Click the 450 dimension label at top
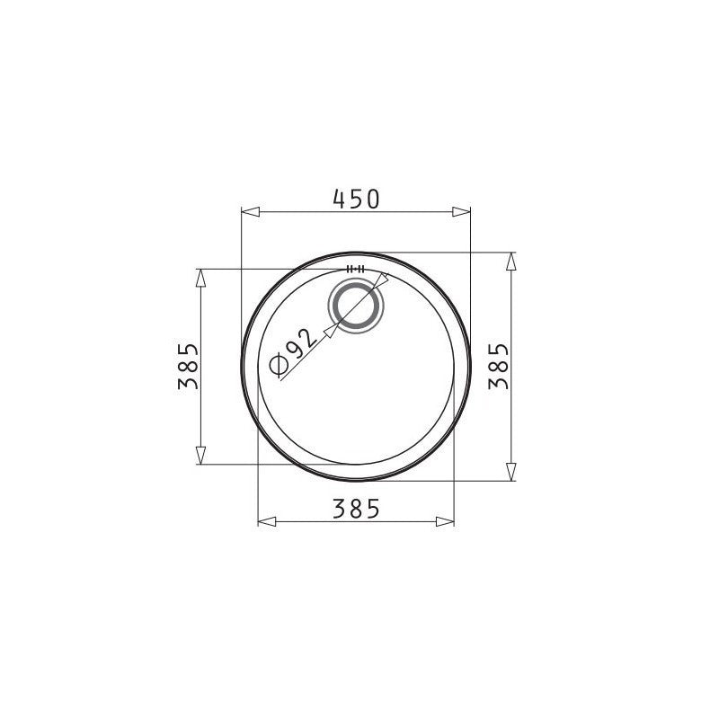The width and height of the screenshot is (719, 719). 356,199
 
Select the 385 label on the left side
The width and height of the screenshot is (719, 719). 189,366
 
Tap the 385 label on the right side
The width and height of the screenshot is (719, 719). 499,366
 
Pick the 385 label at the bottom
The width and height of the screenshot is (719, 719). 356,509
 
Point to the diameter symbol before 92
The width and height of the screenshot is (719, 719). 279,366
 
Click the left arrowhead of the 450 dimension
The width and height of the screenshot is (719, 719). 251,211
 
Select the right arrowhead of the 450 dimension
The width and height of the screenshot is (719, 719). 461,211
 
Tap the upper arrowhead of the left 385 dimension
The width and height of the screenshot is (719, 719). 200,278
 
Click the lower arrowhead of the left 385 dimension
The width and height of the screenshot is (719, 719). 200,455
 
